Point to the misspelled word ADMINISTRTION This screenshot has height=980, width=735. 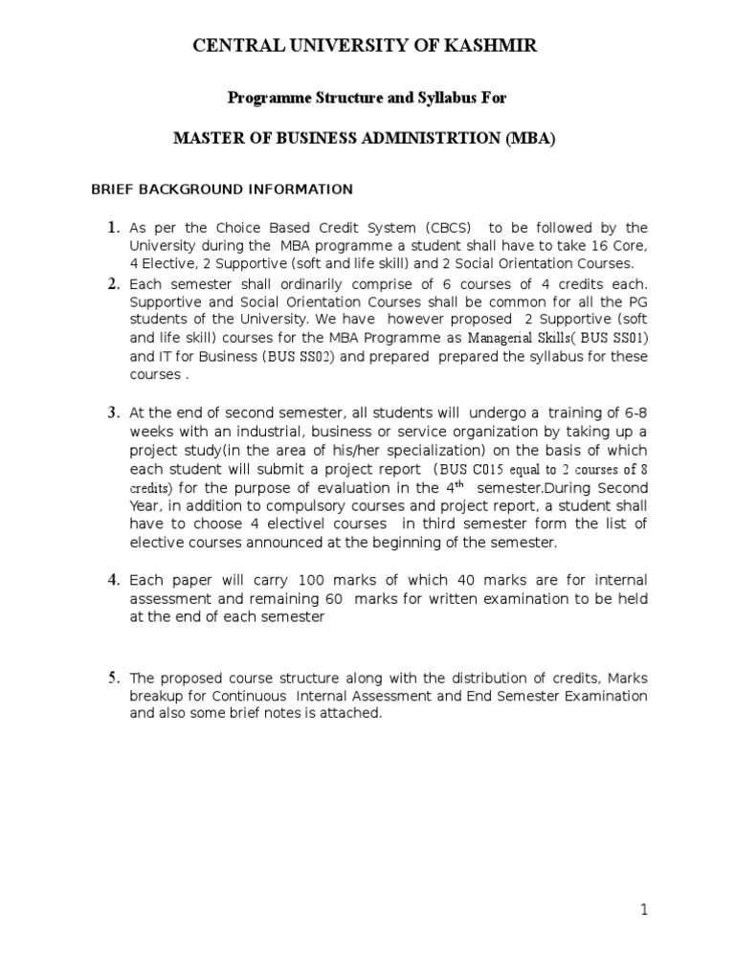426,138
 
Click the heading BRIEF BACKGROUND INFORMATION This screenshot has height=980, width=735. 222,189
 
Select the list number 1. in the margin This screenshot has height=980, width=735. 113,228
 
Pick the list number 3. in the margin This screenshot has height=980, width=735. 113,412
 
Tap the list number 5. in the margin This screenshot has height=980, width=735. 113,679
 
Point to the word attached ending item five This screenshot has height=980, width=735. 355,714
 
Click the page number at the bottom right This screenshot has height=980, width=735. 644,910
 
